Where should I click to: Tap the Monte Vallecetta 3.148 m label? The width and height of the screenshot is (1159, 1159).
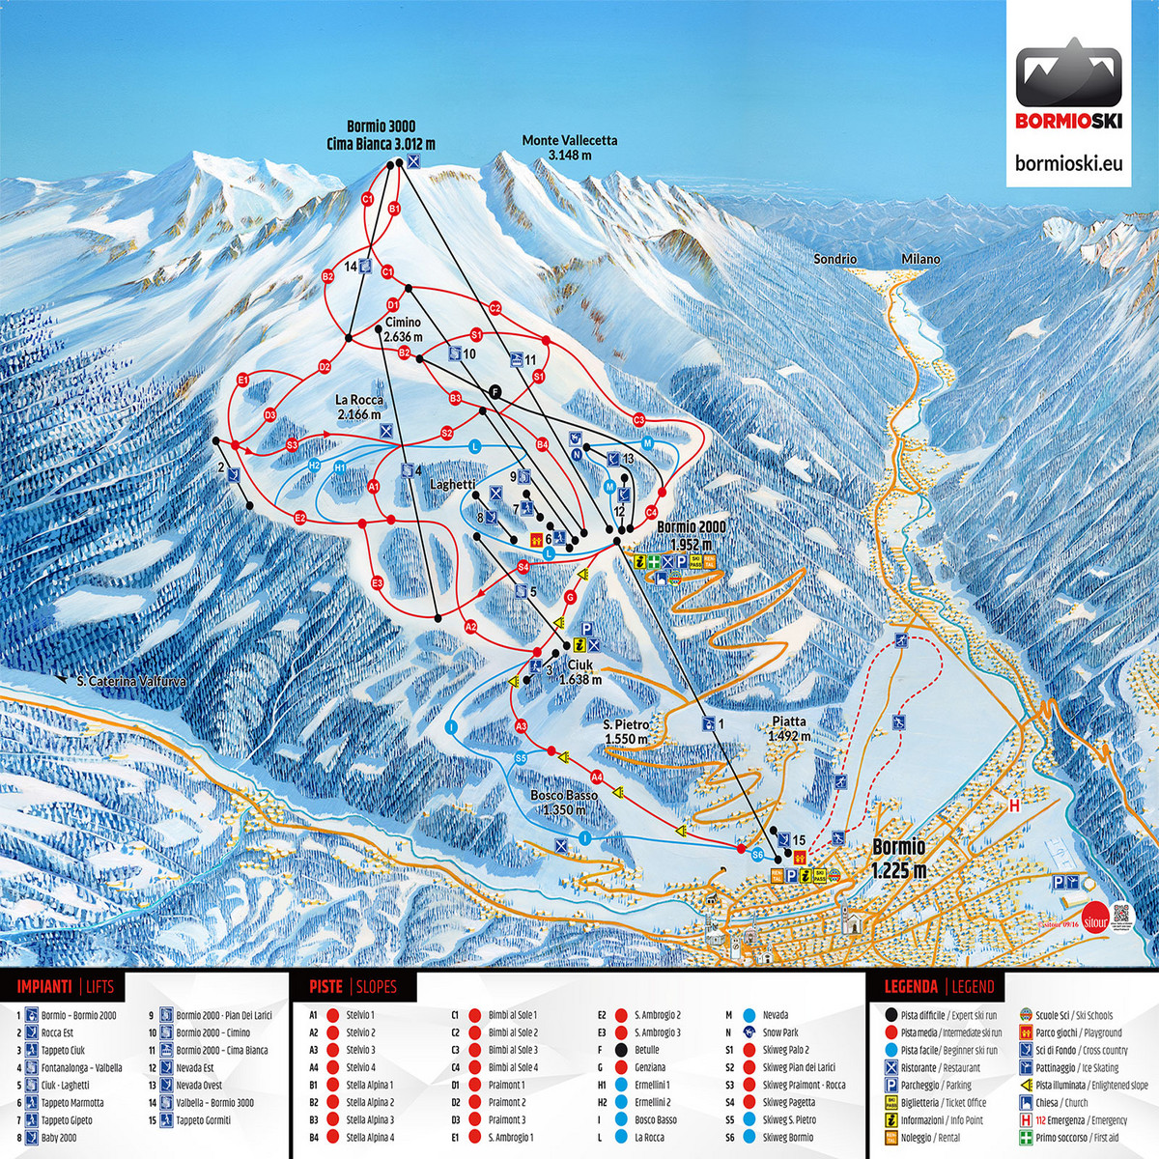(569, 148)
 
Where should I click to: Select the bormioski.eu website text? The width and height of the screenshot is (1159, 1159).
(1070, 162)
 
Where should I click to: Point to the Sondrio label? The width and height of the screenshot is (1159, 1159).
(834, 260)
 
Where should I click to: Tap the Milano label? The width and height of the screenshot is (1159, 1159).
(920, 260)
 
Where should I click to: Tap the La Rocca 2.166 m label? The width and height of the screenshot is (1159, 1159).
(359, 407)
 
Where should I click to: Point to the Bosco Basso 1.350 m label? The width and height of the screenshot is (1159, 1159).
(563, 802)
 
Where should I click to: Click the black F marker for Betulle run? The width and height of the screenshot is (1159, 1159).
(495, 391)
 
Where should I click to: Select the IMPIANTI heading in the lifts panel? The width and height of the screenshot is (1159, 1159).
(43, 986)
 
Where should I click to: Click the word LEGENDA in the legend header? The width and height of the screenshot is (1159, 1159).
(911, 986)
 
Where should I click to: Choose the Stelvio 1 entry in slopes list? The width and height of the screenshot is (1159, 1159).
(359, 1015)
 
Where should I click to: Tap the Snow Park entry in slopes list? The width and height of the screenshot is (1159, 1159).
(779, 1032)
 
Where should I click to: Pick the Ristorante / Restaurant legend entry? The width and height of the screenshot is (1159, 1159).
(940, 1067)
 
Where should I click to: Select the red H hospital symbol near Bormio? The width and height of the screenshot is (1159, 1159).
(1014, 805)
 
